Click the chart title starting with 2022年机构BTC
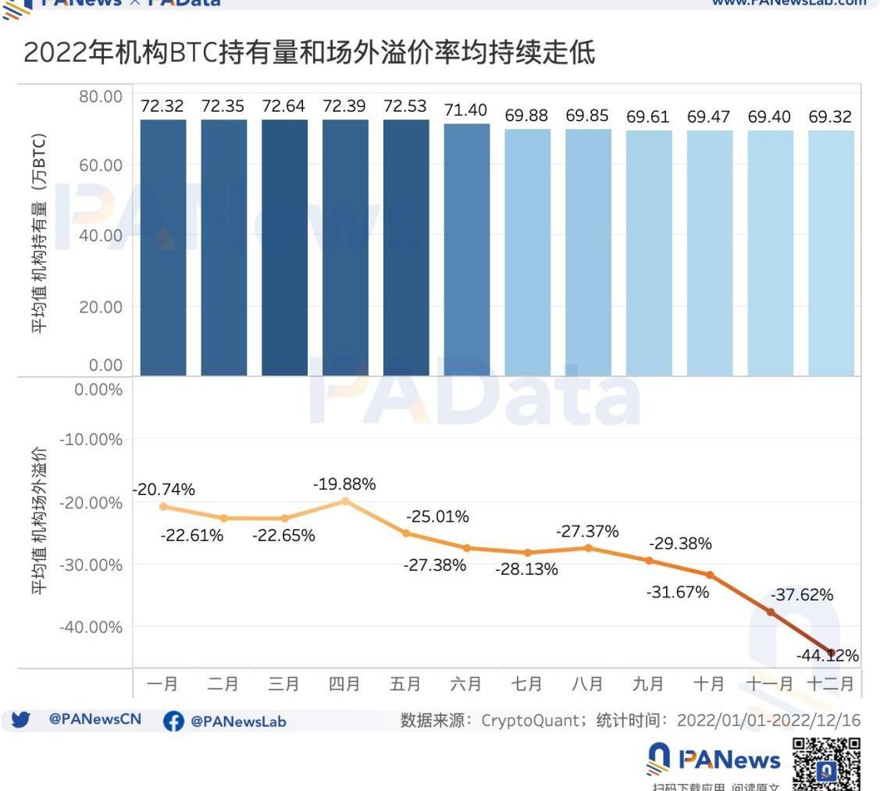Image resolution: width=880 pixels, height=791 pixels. [x=309, y=53]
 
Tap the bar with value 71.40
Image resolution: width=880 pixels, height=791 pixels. [x=467, y=249]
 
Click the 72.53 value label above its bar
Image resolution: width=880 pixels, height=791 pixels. [x=405, y=106]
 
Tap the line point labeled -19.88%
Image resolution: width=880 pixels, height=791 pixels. [x=345, y=501]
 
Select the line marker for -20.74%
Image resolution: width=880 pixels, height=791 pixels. [x=163, y=506]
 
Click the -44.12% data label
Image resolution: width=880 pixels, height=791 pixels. [x=828, y=655]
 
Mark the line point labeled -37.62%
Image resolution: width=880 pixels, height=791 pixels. [x=771, y=611]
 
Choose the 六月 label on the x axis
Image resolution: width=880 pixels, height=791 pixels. [x=466, y=684]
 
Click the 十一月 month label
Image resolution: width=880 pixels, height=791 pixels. [x=769, y=684]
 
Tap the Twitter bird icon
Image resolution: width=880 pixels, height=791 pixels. [x=20, y=720]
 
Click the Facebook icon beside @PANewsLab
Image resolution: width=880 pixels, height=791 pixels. [x=173, y=722]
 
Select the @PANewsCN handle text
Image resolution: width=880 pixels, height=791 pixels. [x=95, y=719]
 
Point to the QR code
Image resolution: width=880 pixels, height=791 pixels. [x=827, y=763]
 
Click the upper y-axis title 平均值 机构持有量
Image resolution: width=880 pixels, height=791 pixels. [x=40, y=234]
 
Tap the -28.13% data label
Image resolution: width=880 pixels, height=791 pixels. [x=526, y=569]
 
